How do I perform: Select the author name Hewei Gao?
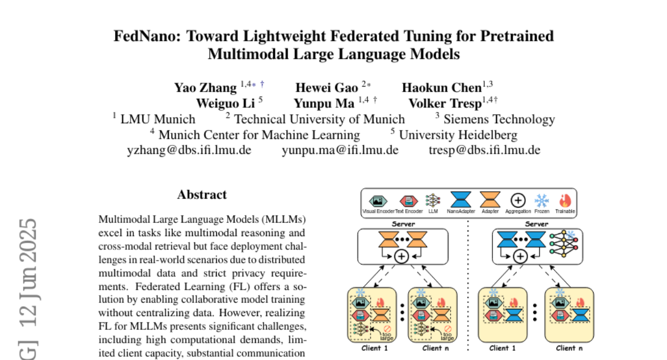click(326, 87)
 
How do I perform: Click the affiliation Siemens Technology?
click(500, 119)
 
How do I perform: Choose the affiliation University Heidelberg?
click(458, 134)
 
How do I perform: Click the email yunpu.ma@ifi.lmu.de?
click(340, 150)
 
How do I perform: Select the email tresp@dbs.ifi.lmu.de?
click(484, 150)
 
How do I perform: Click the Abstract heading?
click(202, 195)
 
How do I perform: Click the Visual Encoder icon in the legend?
click(378, 200)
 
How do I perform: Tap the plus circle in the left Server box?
click(401, 256)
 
